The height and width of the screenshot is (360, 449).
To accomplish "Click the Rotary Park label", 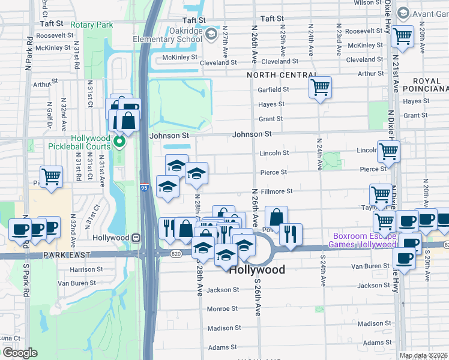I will [x=91, y=25].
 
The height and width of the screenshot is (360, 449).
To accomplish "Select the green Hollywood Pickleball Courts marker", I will [x=119, y=142].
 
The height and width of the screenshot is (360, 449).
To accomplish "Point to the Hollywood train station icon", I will [x=136, y=238].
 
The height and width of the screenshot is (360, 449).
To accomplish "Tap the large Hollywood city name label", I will [x=258, y=270].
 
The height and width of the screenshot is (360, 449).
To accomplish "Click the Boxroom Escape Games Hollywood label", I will [x=362, y=240].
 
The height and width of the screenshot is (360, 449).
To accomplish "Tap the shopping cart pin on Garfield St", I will [x=321, y=88].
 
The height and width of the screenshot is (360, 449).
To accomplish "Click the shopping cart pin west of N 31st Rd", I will [x=52, y=176].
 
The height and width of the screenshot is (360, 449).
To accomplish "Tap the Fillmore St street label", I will [x=277, y=191].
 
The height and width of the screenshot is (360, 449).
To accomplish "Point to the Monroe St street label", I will [x=222, y=308].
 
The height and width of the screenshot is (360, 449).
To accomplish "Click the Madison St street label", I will [x=224, y=328].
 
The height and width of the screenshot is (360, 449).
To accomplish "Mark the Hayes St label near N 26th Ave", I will [x=271, y=104].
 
